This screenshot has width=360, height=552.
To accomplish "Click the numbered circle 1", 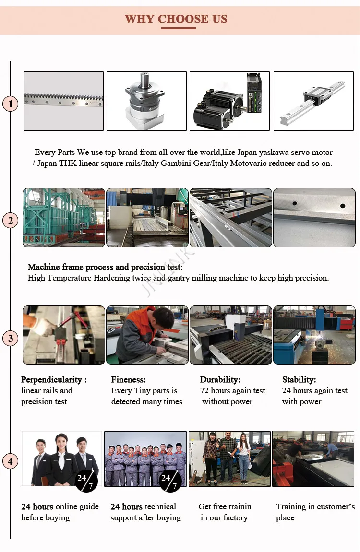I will pos(11,104).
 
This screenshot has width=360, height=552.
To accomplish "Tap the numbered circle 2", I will pos(11,221).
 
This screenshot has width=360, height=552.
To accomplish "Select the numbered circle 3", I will pos(11,338).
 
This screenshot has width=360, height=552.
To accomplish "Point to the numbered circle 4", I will pos(11,461).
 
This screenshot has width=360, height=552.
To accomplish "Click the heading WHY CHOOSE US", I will pos(176,19).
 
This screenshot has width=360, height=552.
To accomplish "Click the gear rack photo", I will pos(63,101).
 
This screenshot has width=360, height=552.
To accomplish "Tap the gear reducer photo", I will pos(146,101).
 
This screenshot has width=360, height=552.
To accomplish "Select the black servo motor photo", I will pos(229,101).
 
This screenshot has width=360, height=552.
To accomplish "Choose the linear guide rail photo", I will pos(313,101).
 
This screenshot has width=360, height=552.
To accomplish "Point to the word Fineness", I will pos(129,380).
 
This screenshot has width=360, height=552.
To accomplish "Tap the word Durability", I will pos(220,380).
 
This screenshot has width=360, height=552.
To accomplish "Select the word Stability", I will pos(299,380).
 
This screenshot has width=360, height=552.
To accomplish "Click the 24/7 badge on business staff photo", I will pos(86,481).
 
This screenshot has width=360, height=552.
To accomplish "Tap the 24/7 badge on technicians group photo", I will pos(170,481).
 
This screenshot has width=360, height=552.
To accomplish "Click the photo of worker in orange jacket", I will pos(146,335).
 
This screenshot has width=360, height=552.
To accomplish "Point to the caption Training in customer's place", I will pos(315,512).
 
